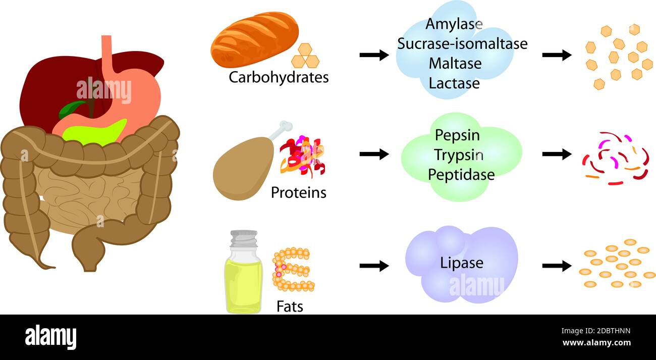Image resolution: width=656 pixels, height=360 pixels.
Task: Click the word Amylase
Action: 454,24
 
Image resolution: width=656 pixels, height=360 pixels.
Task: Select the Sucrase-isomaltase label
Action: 462,44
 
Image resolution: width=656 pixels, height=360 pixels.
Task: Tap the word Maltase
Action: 455,64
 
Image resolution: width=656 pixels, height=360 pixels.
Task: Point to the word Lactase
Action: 454,83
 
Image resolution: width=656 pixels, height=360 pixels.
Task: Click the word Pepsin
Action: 457,135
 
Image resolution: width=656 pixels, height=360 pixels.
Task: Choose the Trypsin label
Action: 458,155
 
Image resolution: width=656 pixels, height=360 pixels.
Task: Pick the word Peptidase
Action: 461,175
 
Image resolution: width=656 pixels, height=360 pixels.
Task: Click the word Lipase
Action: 461,263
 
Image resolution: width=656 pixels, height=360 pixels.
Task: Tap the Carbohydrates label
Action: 279,78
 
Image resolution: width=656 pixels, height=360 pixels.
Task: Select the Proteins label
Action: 298,193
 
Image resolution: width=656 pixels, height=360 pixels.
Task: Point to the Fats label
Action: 290,306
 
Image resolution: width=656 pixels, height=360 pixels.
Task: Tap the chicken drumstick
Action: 242,167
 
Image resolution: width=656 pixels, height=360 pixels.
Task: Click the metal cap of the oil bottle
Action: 244,238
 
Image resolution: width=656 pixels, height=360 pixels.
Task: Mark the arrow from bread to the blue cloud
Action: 374,55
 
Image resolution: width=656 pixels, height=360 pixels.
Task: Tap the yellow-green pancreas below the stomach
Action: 101,132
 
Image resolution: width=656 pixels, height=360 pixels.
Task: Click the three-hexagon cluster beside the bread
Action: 305,57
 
